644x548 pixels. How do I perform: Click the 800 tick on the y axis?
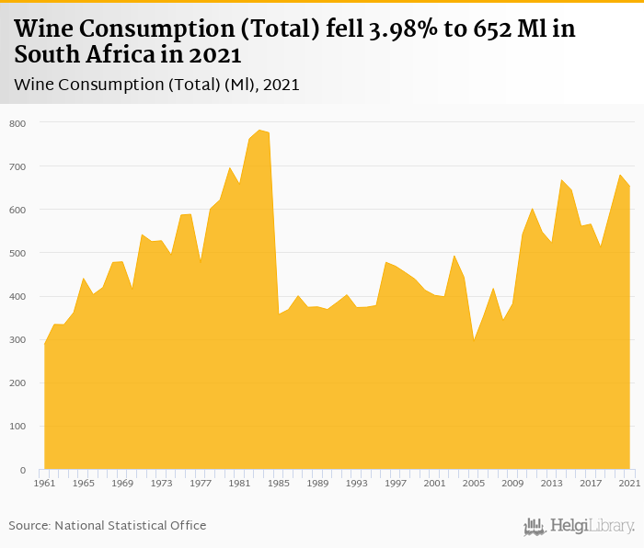[18, 123]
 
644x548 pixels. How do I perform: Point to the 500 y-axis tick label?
[18, 253]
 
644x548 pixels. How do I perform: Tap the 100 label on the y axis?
[18, 427]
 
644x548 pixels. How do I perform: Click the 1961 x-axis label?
[44, 483]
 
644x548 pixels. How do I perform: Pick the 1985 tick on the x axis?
[279, 483]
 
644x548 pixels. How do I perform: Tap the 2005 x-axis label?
[474, 483]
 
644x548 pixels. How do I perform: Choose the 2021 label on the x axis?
[629, 483]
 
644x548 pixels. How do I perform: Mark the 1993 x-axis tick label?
[357, 483]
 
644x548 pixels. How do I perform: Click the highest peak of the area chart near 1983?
[259, 131]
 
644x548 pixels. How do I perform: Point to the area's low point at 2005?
[474, 339]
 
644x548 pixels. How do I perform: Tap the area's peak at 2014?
[561, 180]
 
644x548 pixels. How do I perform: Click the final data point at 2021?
[629, 188]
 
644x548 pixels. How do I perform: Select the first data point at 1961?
[44, 343]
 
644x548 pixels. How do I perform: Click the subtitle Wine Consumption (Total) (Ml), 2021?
[157, 85]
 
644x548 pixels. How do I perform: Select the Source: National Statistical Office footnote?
[108, 526]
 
